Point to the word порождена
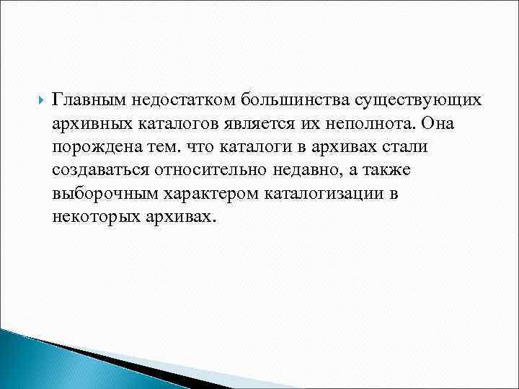[92, 147]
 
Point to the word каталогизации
[321, 194]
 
